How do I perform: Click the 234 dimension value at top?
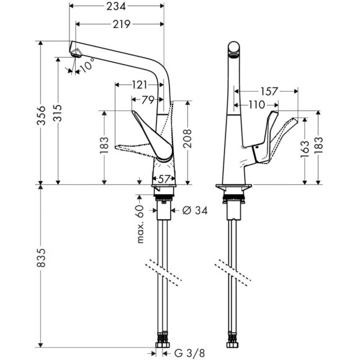pyautogui.click(x=119, y=7)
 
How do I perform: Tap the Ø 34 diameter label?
pyautogui.click(x=194, y=211)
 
